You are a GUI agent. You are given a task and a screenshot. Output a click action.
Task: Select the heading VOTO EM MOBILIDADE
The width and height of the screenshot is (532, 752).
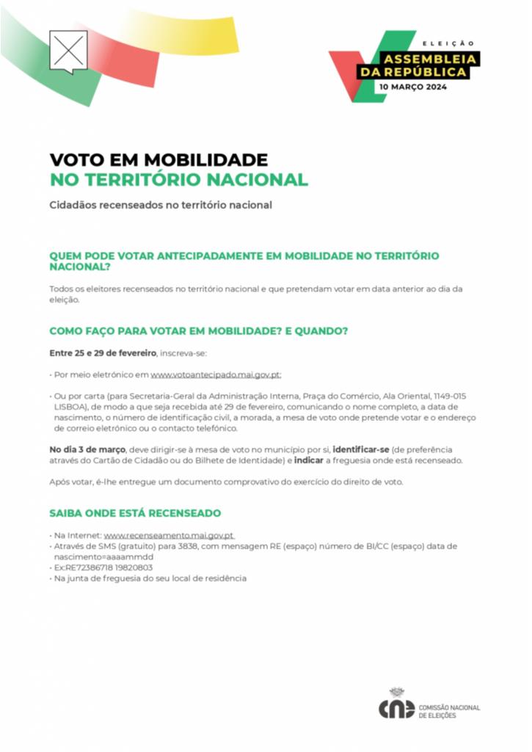[158, 159]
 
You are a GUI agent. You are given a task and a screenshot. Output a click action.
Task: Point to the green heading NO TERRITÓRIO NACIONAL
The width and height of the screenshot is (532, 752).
[178, 179]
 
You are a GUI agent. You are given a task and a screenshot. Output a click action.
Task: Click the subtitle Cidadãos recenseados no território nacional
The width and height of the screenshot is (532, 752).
[160, 205]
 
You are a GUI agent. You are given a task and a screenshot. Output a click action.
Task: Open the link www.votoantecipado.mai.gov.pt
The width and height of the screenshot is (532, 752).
[216, 375]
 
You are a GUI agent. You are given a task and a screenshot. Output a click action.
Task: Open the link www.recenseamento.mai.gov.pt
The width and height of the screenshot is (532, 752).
[168, 536]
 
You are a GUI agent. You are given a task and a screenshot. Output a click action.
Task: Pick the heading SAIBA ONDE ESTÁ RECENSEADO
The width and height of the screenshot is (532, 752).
[135, 513]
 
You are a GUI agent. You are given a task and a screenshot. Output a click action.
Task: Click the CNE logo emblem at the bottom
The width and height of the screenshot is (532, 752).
[396, 706]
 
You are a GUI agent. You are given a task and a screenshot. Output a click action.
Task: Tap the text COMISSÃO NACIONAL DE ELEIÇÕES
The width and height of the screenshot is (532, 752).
[449, 711]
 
